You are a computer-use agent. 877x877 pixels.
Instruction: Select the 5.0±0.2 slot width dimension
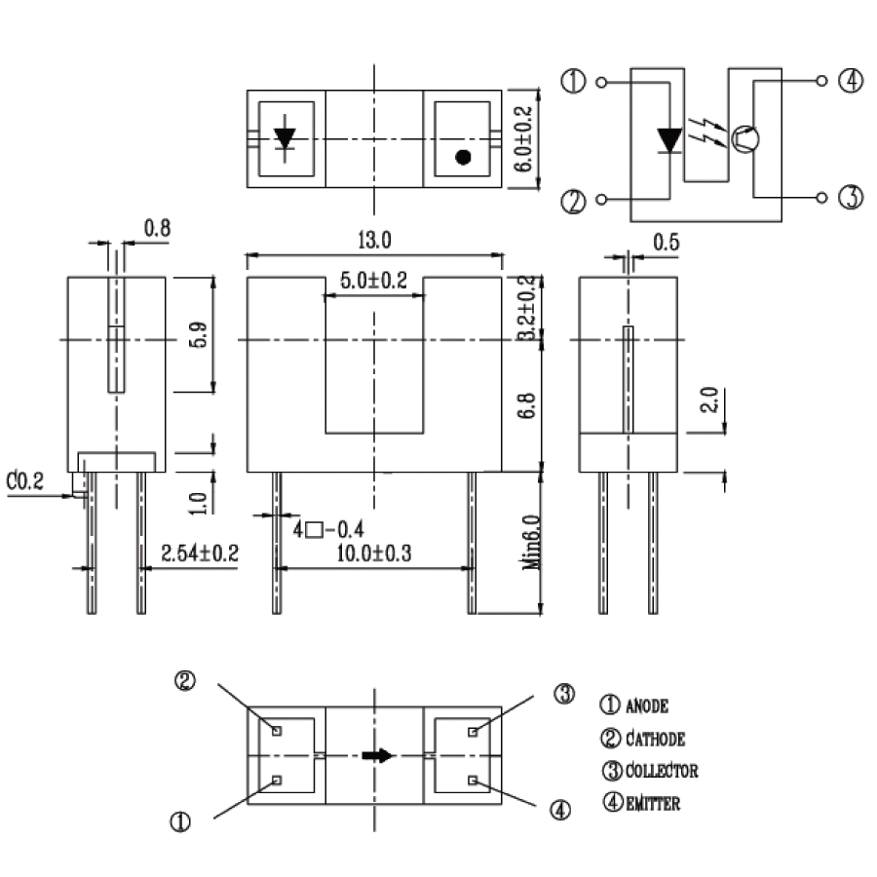pyautogui.click(x=373, y=282)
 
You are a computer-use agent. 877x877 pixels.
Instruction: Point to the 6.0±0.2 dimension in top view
pyautogui.click(x=524, y=138)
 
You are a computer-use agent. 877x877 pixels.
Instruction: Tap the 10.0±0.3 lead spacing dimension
pyautogui.click(x=374, y=553)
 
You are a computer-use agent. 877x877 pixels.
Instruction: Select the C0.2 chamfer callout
pyautogui.click(x=24, y=480)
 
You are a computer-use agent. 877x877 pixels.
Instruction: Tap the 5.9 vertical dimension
pyautogui.click(x=198, y=335)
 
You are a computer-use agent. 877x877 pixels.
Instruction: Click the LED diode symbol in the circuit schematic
pyautogui.click(x=668, y=139)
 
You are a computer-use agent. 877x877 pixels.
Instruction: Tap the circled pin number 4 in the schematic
pyautogui.click(x=850, y=82)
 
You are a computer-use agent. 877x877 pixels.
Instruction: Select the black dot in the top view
pyautogui.click(x=464, y=156)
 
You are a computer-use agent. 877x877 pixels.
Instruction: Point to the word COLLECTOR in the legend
pyautogui.click(x=662, y=771)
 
